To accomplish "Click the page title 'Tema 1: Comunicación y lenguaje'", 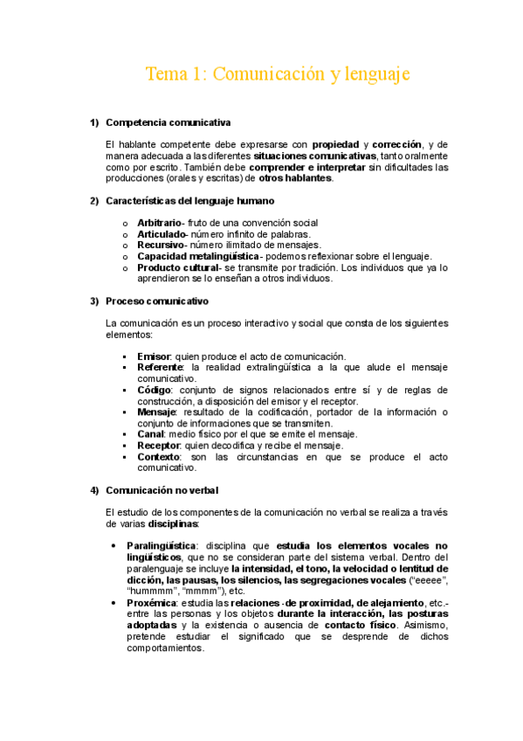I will [277, 74].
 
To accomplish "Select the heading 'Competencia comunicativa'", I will [168, 121].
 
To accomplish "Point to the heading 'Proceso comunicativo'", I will [157, 301].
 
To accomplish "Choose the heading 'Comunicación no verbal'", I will [162, 489].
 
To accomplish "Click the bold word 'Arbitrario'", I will [158, 224].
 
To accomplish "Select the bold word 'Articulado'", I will [162, 234].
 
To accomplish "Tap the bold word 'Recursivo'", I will [161, 246].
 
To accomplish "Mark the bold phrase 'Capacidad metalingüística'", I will [197, 257].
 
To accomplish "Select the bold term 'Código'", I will [155, 390].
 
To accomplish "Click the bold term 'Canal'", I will [152, 434].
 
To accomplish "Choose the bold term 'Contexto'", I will [160, 457].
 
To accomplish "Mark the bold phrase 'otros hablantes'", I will [295, 178].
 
